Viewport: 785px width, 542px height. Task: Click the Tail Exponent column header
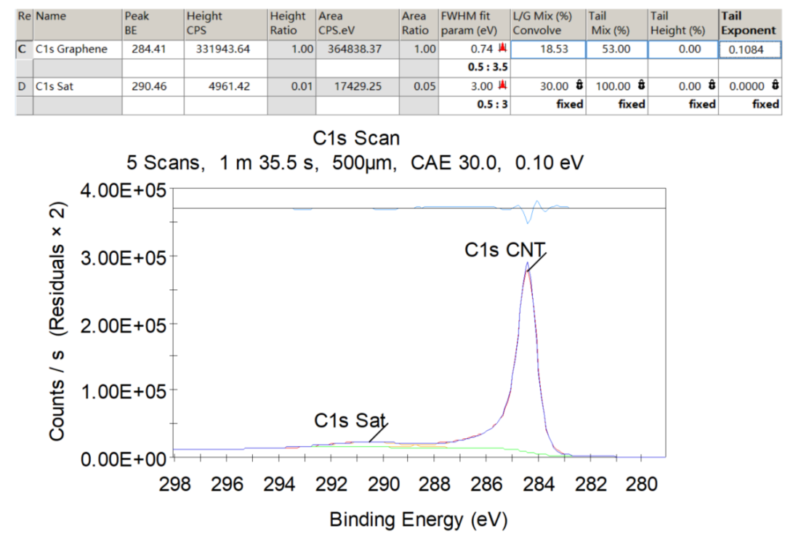pyautogui.click(x=748, y=23)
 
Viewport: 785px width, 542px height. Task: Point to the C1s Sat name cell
pyautogui.click(x=57, y=86)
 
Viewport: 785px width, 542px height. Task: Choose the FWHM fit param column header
pyautogui.click(x=472, y=23)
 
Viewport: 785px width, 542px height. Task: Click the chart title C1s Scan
pyautogui.click(x=356, y=138)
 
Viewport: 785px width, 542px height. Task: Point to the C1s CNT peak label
pyautogui.click(x=505, y=250)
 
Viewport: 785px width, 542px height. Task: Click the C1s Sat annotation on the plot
pyautogui.click(x=350, y=421)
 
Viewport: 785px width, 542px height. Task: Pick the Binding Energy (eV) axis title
pyautogui.click(x=418, y=519)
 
